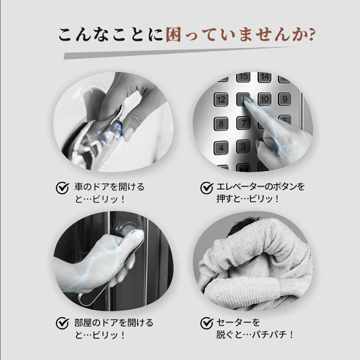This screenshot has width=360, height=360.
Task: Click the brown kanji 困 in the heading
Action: [x=173, y=35]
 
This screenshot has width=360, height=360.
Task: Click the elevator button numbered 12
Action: [x=221, y=99]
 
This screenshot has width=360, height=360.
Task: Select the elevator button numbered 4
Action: [x=221, y=148]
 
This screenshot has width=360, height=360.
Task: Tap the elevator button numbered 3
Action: [x=243, y=146]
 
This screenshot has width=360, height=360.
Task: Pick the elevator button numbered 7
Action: [x=243, y=123]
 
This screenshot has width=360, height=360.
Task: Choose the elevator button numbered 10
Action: [x=264, y=99]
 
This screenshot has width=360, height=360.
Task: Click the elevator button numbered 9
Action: [x=285, y=99]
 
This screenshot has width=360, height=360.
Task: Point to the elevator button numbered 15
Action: [x=243, y=76]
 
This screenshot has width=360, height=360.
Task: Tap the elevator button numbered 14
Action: [x=264, y=77]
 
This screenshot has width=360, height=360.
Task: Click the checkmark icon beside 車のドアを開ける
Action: [x=62, y=188]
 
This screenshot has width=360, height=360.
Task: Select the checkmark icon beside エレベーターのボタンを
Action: [x=207, y=188]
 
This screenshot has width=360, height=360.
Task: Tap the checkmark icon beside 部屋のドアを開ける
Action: [x=62, y=323]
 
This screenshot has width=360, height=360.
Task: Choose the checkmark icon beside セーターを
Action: [x=207, y=323]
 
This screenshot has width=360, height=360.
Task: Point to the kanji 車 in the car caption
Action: [x=78, y=187]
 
